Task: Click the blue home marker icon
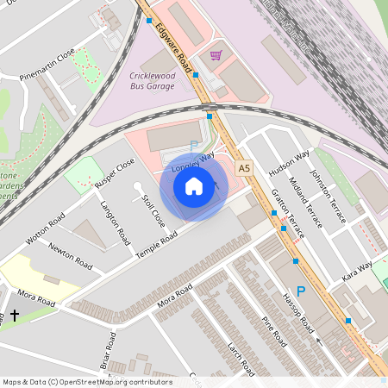click(194, 186)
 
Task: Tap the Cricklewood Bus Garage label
click(152, 80)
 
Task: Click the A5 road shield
click(244, 167)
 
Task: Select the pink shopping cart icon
click(215, 55)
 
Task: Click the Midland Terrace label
click(309, 204)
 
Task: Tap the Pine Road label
click(273, 331)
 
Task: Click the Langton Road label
click(115, 222)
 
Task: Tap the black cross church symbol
click(15, 316)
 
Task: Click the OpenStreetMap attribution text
click(87, 382)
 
